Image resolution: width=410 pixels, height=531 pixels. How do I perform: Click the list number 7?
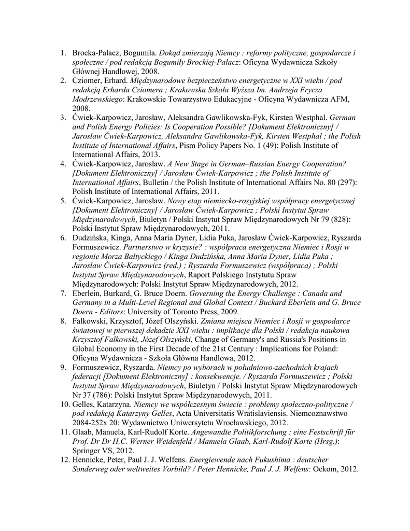(x=63, y=294)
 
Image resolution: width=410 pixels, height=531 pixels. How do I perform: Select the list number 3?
(x=63, y=118)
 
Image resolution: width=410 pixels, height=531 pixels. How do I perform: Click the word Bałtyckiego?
(x=158, y=257)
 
